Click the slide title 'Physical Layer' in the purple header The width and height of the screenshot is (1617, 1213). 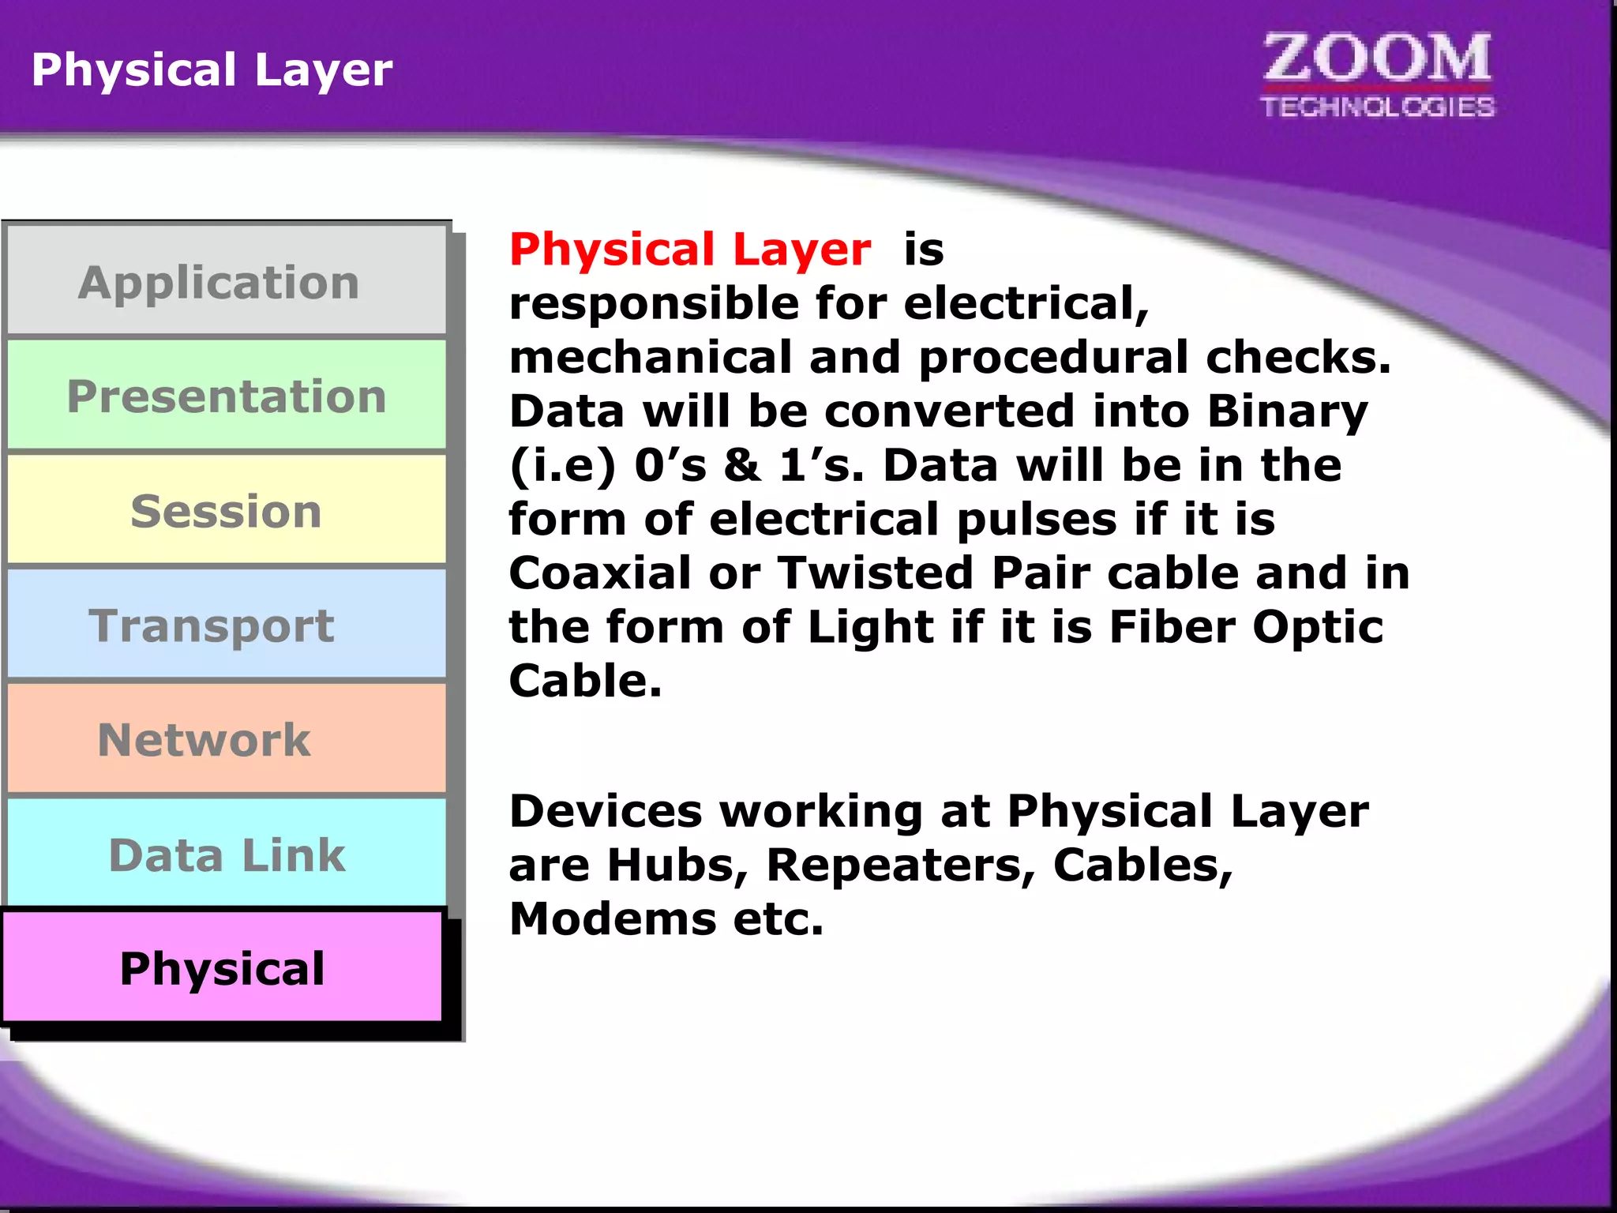pos(212,69)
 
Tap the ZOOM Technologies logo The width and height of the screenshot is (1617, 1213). pos(1377,75)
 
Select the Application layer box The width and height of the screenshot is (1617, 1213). pos(226,282)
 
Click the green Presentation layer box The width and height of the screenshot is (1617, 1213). pos(226,396)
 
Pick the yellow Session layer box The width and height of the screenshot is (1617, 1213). pos(226,510)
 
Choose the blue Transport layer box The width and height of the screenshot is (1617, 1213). pos(226,625)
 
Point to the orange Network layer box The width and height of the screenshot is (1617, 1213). pos(226,739)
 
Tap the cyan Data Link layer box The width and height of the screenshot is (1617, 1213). pos(226,854)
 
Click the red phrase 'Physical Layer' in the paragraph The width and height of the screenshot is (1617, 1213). pos(690,250)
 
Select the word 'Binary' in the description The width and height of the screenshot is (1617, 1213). pos(1287,412)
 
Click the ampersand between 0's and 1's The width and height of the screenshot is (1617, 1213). pos(742,465)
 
